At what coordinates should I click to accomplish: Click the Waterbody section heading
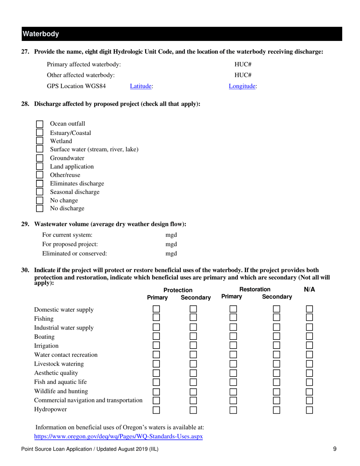pos(41,34)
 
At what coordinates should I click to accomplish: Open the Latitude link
pos(141,86)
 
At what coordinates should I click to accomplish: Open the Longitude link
pos(243,86)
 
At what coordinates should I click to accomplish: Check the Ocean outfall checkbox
pos(39,124)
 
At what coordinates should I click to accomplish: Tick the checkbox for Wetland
pos(39,141)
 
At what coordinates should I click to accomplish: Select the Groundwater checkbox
pos(39,158)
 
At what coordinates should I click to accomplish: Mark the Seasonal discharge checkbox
pos(39,192)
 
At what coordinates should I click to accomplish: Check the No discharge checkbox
pos(39,209)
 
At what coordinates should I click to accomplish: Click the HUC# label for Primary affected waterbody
pos(241,64)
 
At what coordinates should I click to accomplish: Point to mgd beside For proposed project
pos(171,244)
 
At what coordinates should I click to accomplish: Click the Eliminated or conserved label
pos(74,253)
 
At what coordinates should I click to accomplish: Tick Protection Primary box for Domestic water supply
pos(156,310)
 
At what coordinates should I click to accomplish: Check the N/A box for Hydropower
pos(310,410)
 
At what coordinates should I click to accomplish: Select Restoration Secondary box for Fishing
pos(277,318)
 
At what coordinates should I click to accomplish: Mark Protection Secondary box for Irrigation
pos(193,346)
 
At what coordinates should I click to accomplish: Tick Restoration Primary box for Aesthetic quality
pos(233,373)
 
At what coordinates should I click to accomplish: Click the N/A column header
pos(310,290)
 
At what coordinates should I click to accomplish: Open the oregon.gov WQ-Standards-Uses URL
pos(118,436)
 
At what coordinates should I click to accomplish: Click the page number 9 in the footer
pos(335,449)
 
